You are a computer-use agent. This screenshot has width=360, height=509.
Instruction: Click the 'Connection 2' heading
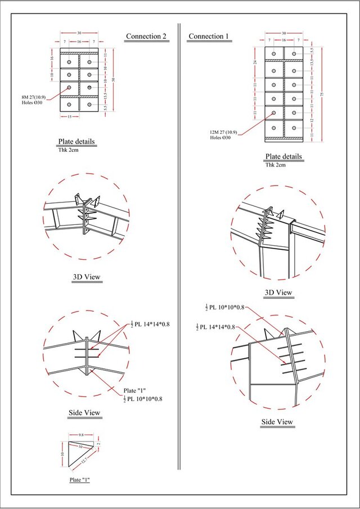146,37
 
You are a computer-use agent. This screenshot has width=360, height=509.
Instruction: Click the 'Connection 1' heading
209,37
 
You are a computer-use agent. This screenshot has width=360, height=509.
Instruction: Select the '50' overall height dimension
114,80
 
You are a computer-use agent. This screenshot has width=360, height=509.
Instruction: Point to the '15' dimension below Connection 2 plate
69,117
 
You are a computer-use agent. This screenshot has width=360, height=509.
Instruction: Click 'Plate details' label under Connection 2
76,142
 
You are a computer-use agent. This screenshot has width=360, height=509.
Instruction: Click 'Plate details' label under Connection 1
283,157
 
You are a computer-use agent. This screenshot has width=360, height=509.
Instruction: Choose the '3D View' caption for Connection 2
87,277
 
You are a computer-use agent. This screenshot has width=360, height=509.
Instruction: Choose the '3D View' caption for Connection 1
278,293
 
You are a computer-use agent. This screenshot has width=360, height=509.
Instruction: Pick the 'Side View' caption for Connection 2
84,413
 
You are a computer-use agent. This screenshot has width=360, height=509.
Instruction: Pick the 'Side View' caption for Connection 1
277,422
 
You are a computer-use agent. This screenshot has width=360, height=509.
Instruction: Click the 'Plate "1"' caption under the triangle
80,480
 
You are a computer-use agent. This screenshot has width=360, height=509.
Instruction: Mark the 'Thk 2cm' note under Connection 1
276,165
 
